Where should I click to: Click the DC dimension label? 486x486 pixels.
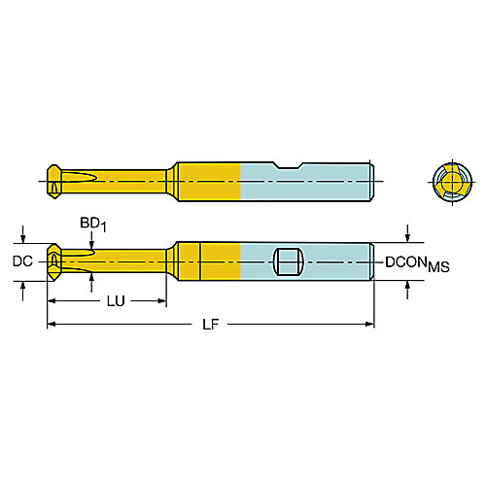click(22, 261)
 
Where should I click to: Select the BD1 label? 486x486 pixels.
click(93, 225)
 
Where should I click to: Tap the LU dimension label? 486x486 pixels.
click(116, 301)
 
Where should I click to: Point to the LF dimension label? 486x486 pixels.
click(211, 324)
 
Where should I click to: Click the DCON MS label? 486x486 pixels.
click(417, 263)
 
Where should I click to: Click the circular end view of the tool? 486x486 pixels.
click(452, 182)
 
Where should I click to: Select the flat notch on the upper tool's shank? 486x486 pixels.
click(288, 165)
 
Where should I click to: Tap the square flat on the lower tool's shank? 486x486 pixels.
click(289, 261)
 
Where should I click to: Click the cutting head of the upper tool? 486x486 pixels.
click(53, 182)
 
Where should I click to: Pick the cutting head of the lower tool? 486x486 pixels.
click(53, 261)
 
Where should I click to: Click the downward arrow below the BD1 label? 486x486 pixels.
click(92, 241)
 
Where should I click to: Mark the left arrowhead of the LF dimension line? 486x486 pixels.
click(52, 324)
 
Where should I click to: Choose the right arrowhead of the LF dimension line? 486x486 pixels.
click(369, 324)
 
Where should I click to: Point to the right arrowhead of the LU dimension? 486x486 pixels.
click(161, 301)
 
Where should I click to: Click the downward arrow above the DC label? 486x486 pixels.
click(22, 234)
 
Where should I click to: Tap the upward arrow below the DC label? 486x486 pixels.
click(22, 291)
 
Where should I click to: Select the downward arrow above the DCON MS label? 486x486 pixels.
click(407, 233)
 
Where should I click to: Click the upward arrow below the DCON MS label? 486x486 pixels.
click(407, 290)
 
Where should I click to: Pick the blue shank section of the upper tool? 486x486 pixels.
click(306, 182)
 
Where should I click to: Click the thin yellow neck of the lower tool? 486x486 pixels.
click(114, 261)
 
